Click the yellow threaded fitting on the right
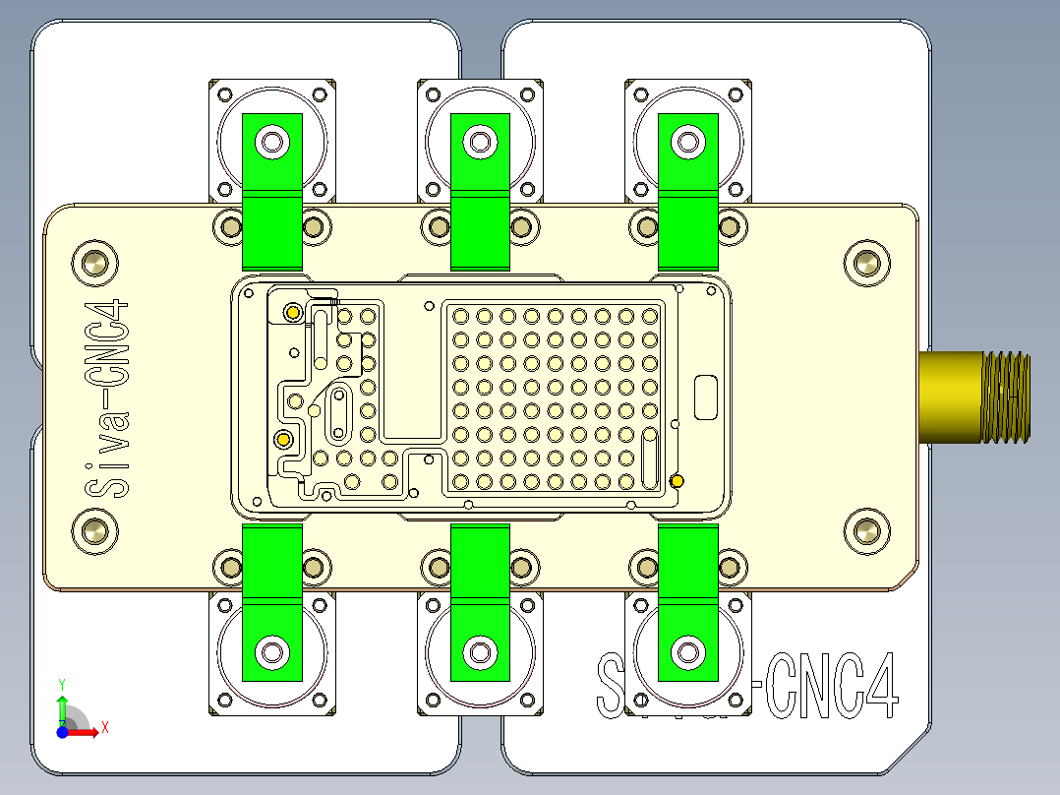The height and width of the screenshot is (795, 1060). click(973, 397)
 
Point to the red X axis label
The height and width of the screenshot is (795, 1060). click(104, 727)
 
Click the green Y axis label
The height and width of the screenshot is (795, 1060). click(61, 683)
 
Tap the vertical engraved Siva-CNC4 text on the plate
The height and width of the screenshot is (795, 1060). click(106, 397)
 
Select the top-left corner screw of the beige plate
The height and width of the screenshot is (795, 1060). click(95, 263)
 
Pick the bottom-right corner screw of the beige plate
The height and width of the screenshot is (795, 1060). click(865, 531)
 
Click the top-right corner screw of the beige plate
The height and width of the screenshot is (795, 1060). click(865, 263)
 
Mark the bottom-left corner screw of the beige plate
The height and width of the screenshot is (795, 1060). click(95, 531)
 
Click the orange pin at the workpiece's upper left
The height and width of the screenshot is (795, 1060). click(292, 313)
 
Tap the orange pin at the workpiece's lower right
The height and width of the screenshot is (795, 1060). click(677, 480)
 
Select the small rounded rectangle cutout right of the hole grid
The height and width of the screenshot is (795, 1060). click(706, 397)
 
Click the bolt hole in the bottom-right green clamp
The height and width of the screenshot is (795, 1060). click(687, 650)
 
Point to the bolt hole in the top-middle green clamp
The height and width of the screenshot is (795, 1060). click(480, 142)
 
